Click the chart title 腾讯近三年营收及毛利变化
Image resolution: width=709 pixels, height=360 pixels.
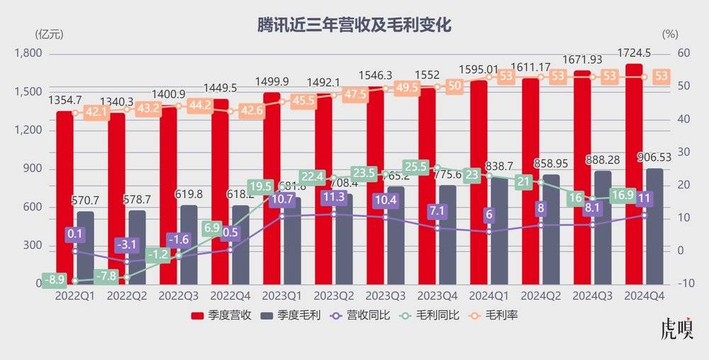(354, 26)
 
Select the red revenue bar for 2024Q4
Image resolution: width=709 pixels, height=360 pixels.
(634, 177)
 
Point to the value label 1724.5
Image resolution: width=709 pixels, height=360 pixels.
(635, 52)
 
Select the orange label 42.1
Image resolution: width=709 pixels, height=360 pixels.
(96, 111)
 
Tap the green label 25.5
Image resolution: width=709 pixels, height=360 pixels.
(415, 167)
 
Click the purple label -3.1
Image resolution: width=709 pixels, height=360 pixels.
(128, 245)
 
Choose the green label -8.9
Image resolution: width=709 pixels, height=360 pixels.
(55, 280)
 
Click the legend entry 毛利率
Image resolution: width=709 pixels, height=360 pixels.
(494, 315)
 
